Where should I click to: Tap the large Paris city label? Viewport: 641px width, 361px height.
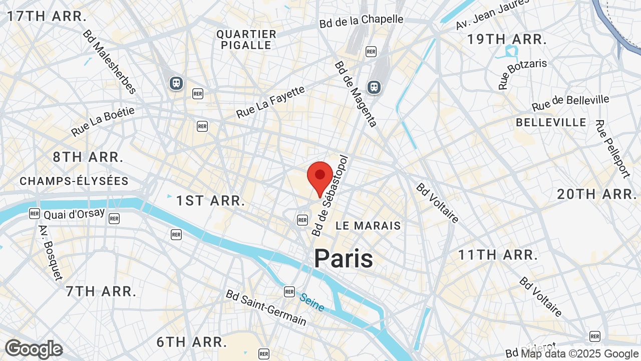pos(344,259)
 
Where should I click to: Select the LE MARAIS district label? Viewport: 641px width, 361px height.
pos(368,226)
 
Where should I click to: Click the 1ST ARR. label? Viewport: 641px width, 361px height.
pos(211,201)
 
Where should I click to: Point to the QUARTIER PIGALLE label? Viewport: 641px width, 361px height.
pos(246,40)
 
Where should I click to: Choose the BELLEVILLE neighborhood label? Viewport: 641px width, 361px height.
pos(551,122)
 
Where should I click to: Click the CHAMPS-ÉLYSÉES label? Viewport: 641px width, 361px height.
pos(74,181)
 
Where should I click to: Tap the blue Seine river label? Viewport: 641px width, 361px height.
pos(312,302)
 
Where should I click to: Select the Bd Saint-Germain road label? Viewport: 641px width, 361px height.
pos(266,307)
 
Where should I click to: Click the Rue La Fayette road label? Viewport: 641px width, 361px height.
pos(270,102)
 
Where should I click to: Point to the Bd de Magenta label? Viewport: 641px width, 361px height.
pos(355,94)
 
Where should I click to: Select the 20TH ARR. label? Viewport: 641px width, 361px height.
pos(597,194)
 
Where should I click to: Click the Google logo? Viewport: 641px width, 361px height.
pos(34,349)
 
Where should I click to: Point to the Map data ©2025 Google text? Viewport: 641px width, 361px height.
pos(580,354)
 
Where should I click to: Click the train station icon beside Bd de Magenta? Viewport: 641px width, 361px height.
pos(374,87)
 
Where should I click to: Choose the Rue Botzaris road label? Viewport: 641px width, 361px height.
pos(522,74)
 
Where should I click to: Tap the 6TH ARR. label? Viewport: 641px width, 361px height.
pos(192,342)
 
